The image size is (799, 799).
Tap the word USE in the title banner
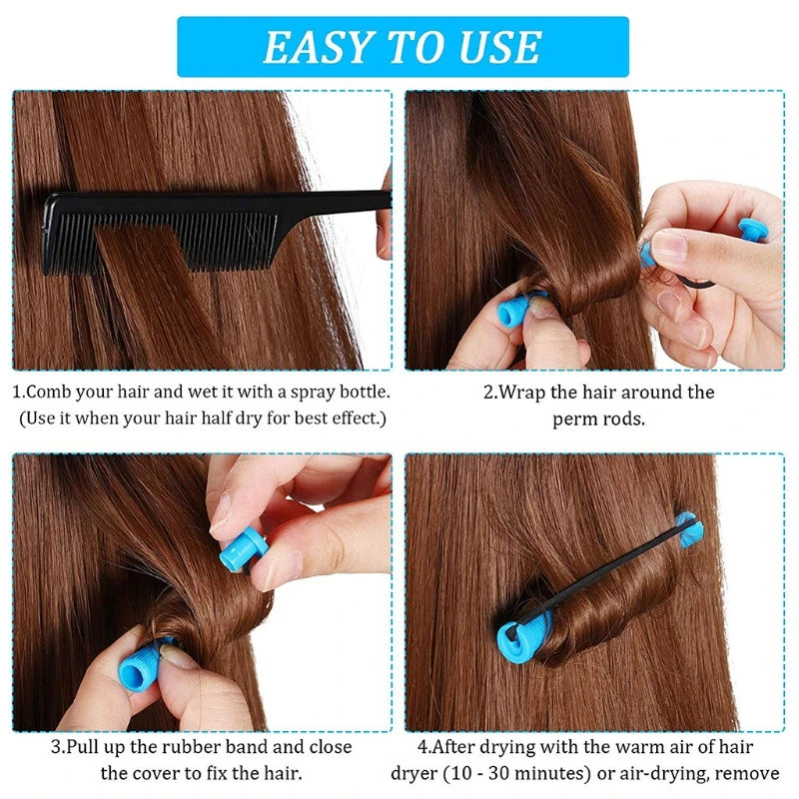[496, 47]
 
